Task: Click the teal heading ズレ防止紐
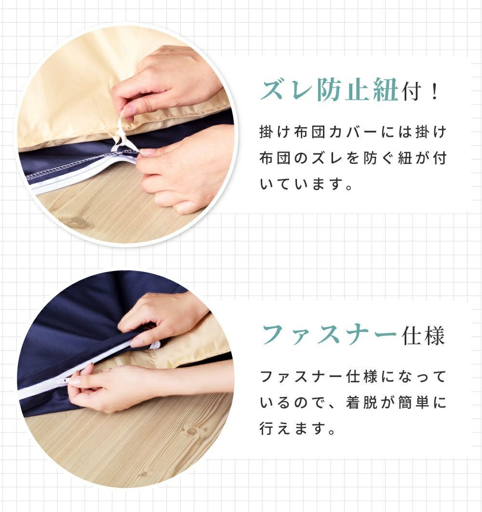(x=329, y=89)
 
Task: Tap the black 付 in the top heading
(x=412, y=91)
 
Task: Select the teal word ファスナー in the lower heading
(x=329, y=335)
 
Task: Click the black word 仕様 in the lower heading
(x=423, y=336)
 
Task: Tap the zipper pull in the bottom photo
(x=65, y=381)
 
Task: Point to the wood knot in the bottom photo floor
(x=190, y=431)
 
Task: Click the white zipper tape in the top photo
(x=81, y=175)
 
